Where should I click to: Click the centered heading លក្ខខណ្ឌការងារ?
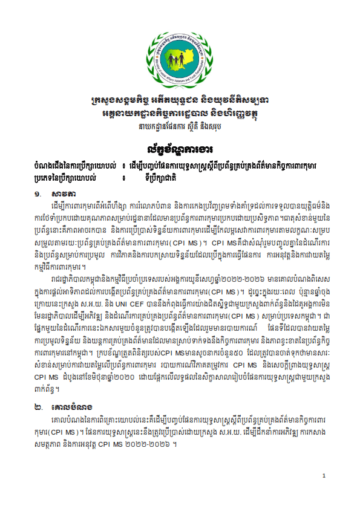(180, 148)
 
